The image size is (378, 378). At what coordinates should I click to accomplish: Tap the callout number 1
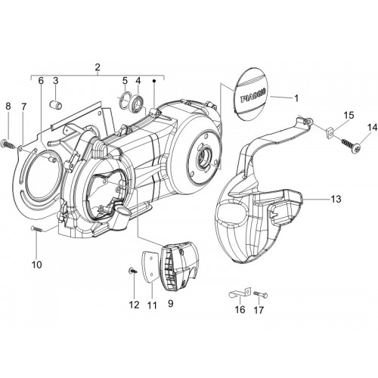296,98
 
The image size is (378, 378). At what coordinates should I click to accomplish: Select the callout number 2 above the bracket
98,67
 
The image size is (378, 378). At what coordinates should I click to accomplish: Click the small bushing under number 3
57,104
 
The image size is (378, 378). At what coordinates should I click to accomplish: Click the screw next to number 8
9,144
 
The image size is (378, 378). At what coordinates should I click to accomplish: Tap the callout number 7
24,107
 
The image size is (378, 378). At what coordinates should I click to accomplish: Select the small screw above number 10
36,228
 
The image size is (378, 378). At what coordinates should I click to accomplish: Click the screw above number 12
134,271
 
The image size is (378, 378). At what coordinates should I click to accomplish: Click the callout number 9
171,304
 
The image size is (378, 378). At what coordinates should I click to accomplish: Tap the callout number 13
336,199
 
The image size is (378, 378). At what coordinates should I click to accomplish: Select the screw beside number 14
351,145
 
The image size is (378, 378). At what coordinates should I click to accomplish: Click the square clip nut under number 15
328,132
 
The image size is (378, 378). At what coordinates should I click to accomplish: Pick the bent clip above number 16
240,294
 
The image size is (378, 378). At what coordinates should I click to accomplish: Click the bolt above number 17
260,295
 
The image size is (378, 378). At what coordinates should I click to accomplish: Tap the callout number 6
41,81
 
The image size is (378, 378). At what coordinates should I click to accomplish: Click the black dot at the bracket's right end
154,81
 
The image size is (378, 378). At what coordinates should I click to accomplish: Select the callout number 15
349,116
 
